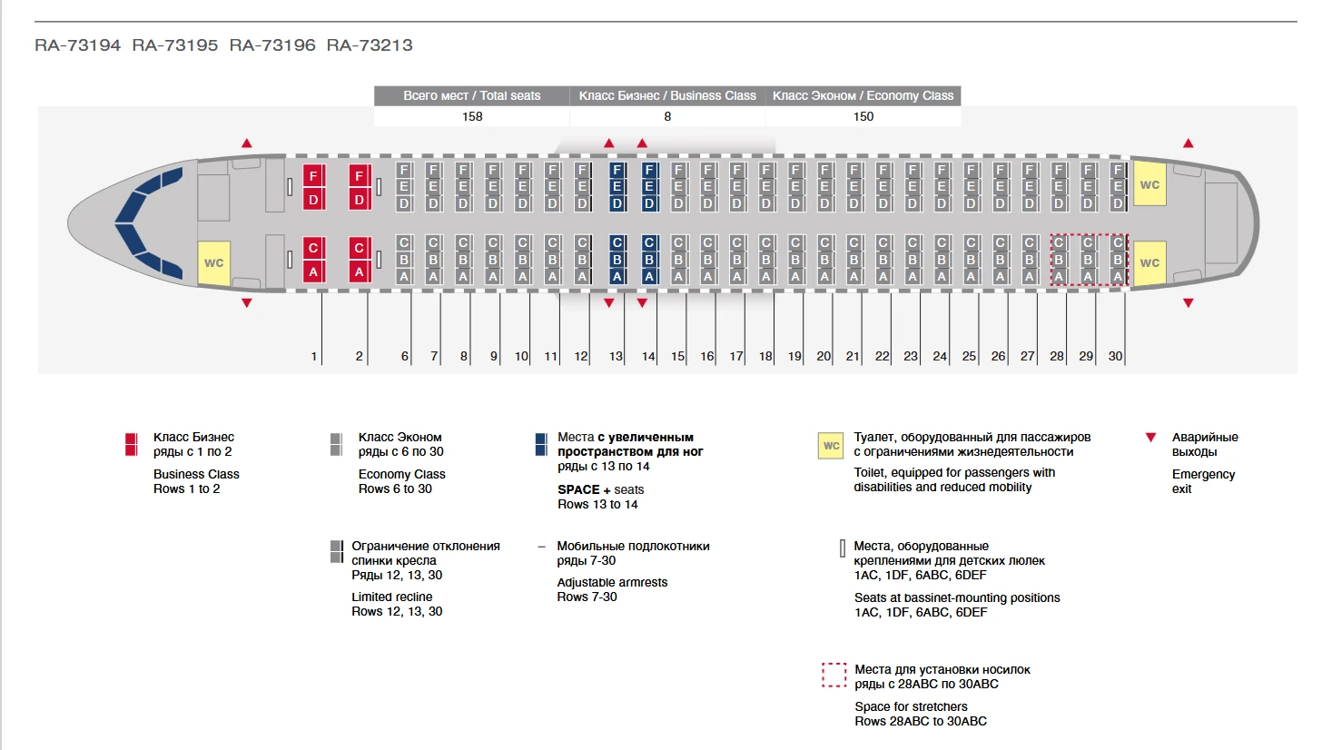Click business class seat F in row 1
313,176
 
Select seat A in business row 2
360,271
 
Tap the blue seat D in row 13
617,204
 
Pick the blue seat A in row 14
649,277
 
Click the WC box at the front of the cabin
214,263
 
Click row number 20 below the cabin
824,356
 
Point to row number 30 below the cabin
1116,356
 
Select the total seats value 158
472,116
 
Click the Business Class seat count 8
667,116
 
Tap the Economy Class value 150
863,116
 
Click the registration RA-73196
272,45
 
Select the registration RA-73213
370,45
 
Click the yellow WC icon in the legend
831,446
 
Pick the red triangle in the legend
1150,437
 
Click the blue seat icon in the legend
541,444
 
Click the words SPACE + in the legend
584,489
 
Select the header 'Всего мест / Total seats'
471,95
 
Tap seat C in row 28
1059,242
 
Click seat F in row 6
404,170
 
